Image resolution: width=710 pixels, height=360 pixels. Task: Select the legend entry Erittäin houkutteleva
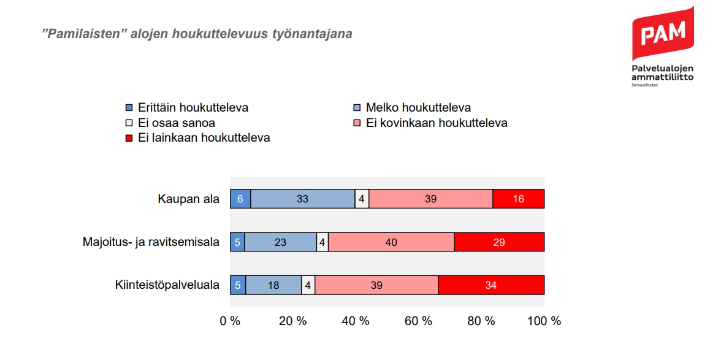click(x=186, y=108)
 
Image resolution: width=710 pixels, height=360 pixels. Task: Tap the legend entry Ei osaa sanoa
click(x=170, y=123)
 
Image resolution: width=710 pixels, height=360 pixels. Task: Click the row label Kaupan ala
click(x=188, y=199)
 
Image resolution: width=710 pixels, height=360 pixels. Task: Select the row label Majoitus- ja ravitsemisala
click(x=151, y=242)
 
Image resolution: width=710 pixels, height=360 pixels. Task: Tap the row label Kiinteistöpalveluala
click(x=167, y=285)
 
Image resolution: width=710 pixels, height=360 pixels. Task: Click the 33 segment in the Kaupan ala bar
click(x=302, y=199)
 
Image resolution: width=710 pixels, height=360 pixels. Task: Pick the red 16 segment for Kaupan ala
click(x=518, y=199)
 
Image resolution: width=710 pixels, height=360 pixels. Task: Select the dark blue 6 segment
click(x=240, y=199)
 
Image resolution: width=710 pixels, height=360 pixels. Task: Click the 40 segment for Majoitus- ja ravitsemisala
click(x=391, y=242)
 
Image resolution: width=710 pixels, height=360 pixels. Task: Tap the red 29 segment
click(x=499, y=242)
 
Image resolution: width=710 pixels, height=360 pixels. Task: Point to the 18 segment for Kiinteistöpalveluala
click(x=273, y=285)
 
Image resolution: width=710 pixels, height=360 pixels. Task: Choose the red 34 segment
click(x=491, y=285)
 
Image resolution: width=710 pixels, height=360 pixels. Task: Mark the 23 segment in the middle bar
click(x=280, y=242)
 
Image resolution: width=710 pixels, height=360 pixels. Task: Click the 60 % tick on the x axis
click(x=419, y=321)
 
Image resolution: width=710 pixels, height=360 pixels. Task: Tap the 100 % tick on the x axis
click(x=544, y=321)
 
